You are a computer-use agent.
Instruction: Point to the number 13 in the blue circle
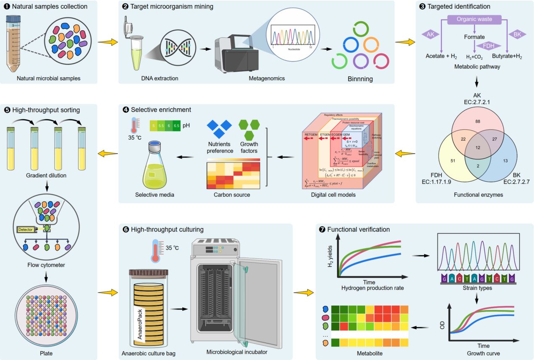coord(505,160)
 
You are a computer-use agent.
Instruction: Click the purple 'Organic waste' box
coord(474,19)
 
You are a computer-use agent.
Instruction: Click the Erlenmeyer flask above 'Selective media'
coord(155,166)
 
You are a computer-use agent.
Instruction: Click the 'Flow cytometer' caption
coord(47,265)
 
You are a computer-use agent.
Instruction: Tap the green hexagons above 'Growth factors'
coord(249,130)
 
